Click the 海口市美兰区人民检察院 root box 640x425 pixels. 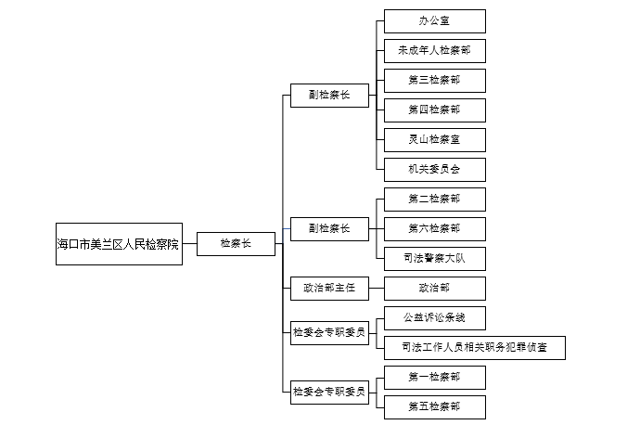coord(119,244)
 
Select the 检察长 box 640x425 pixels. coord(236,244)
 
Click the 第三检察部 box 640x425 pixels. coord(434,81)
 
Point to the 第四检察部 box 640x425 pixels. coord(434,110)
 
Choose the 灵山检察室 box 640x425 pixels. coord(434,140)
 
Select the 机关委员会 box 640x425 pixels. coord(434,170)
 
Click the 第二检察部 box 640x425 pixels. coord(434,199)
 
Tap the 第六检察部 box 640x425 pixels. coord(434,228)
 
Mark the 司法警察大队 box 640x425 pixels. coord(434,258)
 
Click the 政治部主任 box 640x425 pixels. coord(328,289)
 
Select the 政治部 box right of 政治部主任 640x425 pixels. coord(434,289)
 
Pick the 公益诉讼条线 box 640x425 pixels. coord(434,318)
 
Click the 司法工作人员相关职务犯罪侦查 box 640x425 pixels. coord(474,348)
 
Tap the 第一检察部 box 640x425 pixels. coord(434,377)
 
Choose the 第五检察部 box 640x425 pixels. coord(434,406)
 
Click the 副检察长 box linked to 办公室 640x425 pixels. coord(328,96)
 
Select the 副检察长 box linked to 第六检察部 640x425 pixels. coord(328,228)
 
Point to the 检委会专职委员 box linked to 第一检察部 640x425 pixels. coord(328,392)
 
